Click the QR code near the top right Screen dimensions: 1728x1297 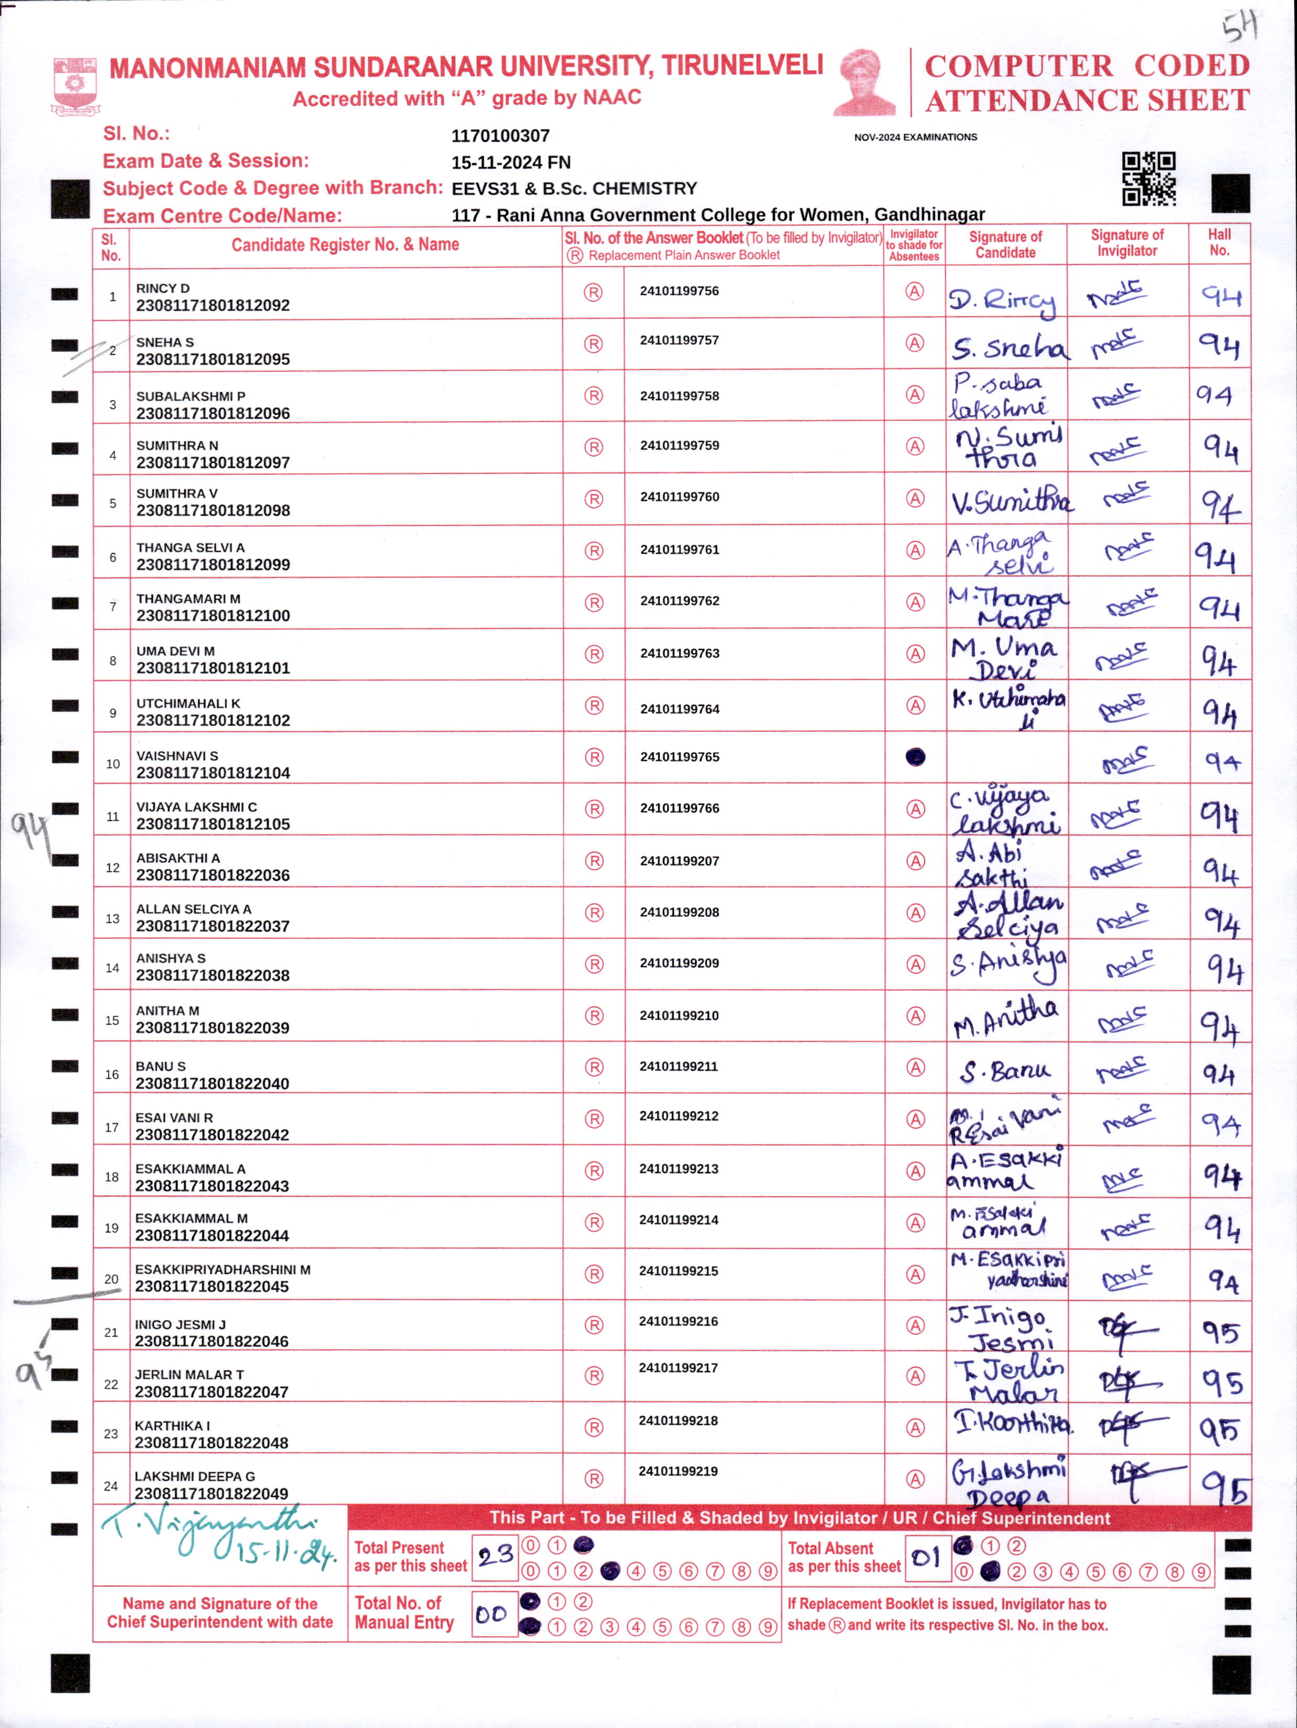1149,179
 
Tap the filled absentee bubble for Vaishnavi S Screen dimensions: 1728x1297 915,756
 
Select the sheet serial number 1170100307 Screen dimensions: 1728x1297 501,136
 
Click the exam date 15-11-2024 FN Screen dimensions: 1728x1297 511,163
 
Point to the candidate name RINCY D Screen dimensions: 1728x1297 163,288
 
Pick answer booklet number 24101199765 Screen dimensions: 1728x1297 679,757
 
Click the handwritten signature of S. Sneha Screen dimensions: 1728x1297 1007,346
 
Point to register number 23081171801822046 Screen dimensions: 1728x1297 211,1341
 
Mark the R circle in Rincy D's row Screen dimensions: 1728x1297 593,292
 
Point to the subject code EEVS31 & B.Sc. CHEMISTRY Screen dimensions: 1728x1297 574,188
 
